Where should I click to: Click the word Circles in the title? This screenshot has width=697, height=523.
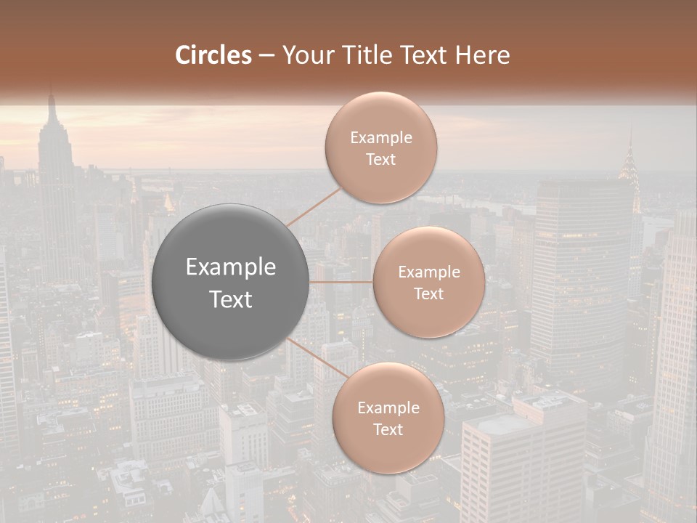(x=213, y=55)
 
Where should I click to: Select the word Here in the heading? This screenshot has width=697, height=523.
(x=482, y=55)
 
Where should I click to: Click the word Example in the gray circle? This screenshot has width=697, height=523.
(x=231, y=267)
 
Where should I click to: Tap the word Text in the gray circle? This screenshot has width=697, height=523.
(x=231, y=299)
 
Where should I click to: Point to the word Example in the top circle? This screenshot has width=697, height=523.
(x=381, y=138)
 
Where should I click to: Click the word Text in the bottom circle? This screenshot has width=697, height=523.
(x=388, y=429)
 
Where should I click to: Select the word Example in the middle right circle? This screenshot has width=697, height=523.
(x=428, y=272)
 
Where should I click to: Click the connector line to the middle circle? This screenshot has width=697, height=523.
(x=341, y=282)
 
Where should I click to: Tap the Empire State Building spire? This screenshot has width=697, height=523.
(x=52, y=109)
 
